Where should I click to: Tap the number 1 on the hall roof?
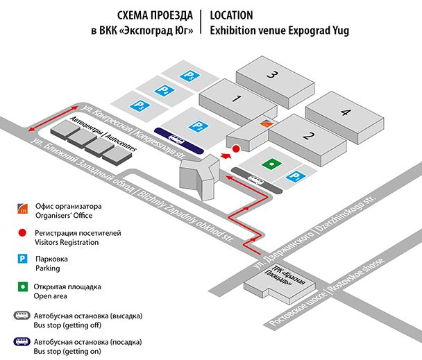coord(236,99)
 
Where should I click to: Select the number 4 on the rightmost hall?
coord(345,112)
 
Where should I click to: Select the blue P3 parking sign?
coord(137,106)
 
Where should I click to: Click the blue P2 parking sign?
coord(200,125)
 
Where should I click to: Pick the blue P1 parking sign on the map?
coord(294,177)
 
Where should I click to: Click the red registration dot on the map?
coord(235,148)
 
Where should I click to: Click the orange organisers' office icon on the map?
coord(264,123)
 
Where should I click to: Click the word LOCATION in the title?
coord(231,15)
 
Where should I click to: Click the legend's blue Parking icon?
coord(23,259)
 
